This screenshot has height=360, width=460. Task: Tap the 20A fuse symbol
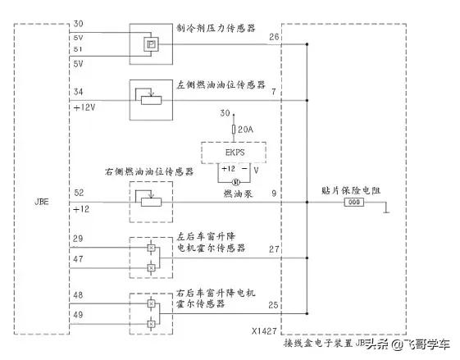(x=234, y=130)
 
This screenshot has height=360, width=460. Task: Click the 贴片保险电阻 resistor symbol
(x=354, y=201)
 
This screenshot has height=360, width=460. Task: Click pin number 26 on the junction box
(x=273, y=36)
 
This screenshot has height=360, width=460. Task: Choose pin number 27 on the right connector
(x=273, y=248)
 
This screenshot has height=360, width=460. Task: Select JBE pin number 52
(x=78, y=193)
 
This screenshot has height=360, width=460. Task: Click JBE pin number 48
(x=78, y=295)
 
